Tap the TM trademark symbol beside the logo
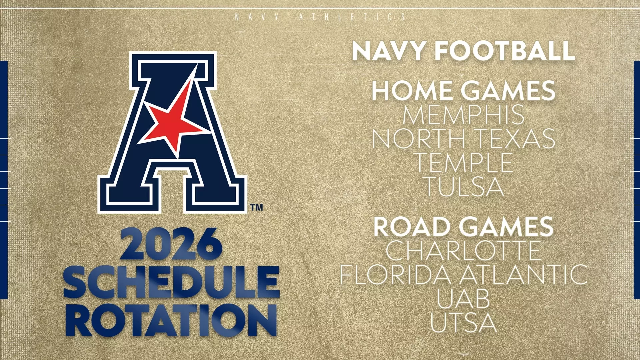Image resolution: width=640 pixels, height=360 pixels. tap(256, 208)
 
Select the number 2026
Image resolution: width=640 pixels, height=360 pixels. tap(171, 244)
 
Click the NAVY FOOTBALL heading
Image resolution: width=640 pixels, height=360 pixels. tap(463, 51)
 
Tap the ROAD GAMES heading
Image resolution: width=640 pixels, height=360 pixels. tap(463, 226)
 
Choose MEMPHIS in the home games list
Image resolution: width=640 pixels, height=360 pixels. tap(463, 114)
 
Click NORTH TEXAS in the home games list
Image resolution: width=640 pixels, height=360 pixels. tap(463, 138)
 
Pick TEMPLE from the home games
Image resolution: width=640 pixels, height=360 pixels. tap(463, 162)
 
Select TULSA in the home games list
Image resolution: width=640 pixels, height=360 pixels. tap(463, 186)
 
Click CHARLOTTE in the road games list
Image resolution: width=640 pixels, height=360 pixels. tap(463, 250)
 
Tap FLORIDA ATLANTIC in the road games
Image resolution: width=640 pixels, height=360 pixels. tap(463, 274)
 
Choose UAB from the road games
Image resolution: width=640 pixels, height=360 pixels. tap(463, 298)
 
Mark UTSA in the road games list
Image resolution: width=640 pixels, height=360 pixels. tap(463, 322)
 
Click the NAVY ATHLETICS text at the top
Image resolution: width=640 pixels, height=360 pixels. tap(320, 17)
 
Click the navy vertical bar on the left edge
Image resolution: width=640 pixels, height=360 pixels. tap(4, 180)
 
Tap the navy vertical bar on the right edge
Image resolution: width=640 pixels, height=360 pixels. tap(637, 180)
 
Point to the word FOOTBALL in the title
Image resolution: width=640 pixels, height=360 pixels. tap(505, 51)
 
